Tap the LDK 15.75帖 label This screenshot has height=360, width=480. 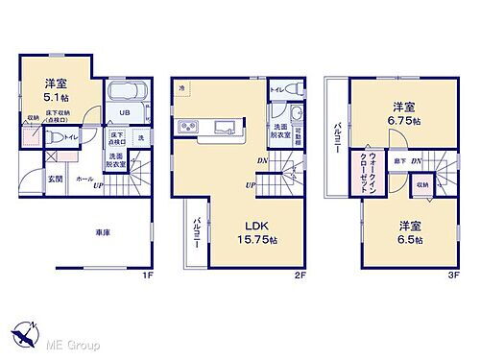(255, 239)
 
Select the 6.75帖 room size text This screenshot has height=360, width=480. (403, 122)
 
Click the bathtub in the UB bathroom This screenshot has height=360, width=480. (127, 96)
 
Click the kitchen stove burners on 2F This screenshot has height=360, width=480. (187, 128)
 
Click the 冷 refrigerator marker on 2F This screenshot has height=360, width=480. (181, 87)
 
